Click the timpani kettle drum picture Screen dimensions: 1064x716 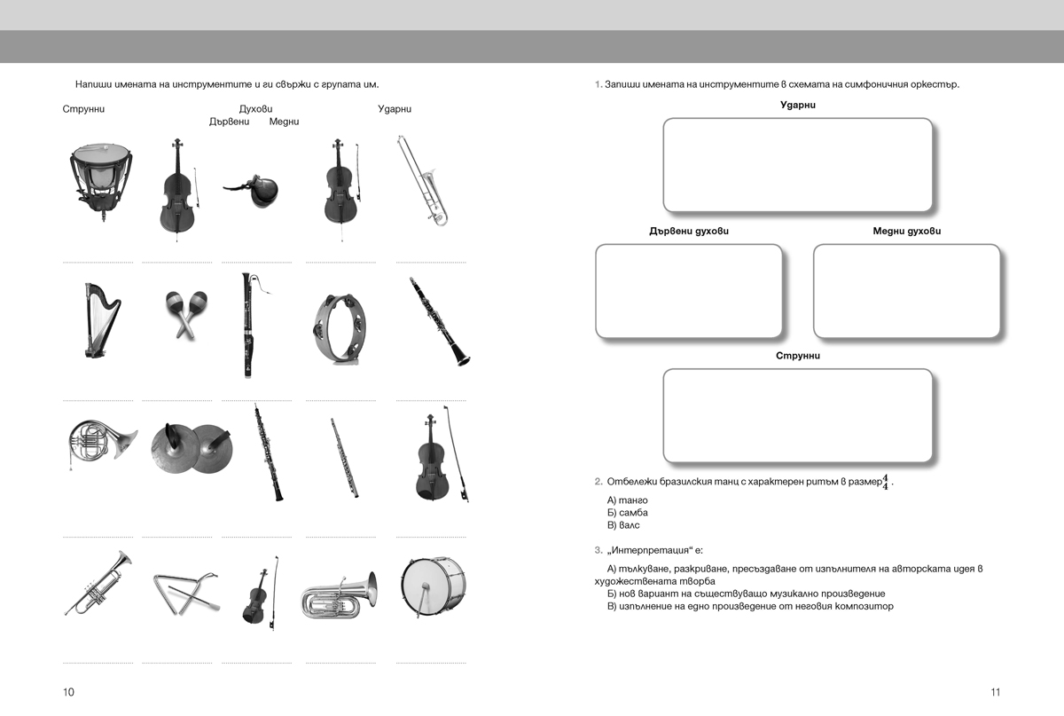tap(101, 182)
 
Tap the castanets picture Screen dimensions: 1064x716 tap(252, 190)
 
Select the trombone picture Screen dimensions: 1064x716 tap(423, 181)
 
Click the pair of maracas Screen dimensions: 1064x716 tap(186, 315)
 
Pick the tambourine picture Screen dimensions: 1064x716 tap(339, 328)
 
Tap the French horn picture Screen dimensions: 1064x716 tap(102, 444)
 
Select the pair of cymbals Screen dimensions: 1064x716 tap(192, 448)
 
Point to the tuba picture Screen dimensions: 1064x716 tap(339, 595)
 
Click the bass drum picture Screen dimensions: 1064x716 tap(433, 586)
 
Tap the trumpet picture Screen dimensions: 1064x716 tap(98, 583)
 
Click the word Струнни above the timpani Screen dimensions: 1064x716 tap(83, 109)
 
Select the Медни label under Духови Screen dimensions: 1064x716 tap(284, 122)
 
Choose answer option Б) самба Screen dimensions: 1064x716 tap(628, 513)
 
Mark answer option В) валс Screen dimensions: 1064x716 tap(623, 525)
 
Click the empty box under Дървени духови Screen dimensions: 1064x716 tap(689, 291)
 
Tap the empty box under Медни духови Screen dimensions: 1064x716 tap(907, 291)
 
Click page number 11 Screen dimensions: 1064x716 tap(996, 692)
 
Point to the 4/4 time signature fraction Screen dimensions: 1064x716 tap(886, 482)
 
